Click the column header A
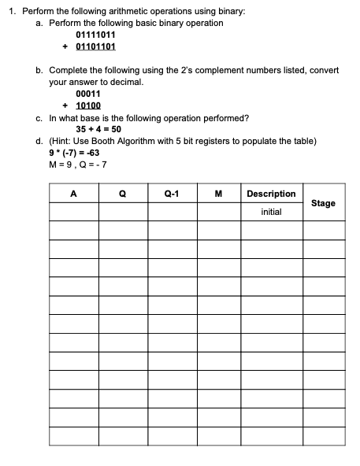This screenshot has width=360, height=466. [x=73, y=194]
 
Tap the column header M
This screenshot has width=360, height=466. [x=217, y=194]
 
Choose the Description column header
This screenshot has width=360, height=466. [x=271, y=194]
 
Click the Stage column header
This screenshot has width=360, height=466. [x=323, y=203]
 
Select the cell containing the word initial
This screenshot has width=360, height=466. [x=271, y=213]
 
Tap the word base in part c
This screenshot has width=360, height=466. [x=87, y=116]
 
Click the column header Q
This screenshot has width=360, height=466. [x=122, y=194]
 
